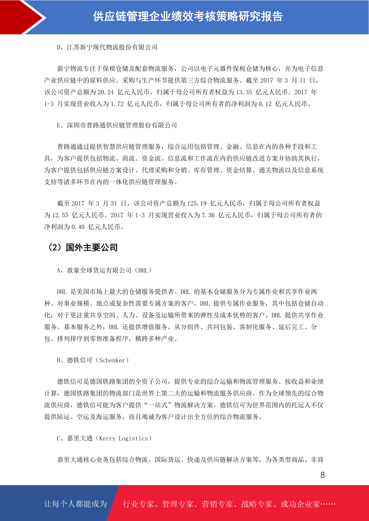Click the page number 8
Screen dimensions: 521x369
(323, 475)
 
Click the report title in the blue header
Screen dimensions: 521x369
(188, 17)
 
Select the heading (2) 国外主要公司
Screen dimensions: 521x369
(82, 248)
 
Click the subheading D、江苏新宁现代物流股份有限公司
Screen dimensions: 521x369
(107, 47)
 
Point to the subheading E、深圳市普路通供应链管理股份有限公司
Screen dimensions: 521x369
(117, 125)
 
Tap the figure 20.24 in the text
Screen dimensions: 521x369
(106, 92)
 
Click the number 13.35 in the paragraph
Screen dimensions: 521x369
(244, 92)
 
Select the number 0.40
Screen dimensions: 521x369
(78, 227)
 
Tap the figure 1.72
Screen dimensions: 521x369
(117, 104)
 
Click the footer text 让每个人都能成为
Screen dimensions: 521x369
(76, 504)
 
